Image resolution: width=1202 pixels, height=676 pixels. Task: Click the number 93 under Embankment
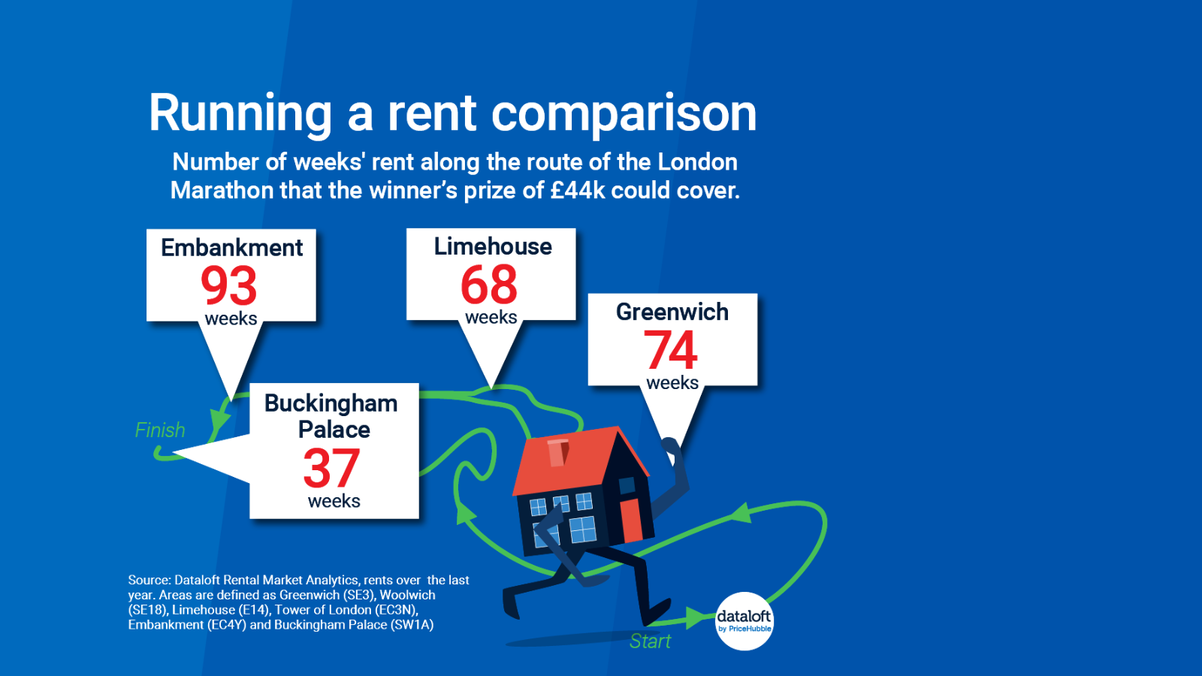229,285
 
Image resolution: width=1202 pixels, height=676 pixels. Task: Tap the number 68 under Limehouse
489,285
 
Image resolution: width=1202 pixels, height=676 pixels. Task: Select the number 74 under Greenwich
671,350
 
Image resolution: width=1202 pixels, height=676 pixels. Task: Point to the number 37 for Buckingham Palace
331,468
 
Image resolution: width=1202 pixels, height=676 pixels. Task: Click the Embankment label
231,248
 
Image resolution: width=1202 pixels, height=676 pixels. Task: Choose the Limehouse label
493,246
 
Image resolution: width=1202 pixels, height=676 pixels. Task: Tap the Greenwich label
672,312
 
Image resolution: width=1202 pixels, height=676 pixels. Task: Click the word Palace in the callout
334,430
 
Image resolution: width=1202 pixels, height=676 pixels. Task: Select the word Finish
160,430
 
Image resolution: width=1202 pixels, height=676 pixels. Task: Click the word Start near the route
650,641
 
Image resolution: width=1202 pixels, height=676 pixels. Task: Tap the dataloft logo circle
744,621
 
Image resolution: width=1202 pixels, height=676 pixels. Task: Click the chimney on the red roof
557,452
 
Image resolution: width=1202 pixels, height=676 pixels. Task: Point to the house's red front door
630,520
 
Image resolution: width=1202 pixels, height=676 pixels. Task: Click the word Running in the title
240,114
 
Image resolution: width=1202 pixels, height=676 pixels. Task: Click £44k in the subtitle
577,191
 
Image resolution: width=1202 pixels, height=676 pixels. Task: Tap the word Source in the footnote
149,580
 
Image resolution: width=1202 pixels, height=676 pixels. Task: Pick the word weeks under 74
672,383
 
